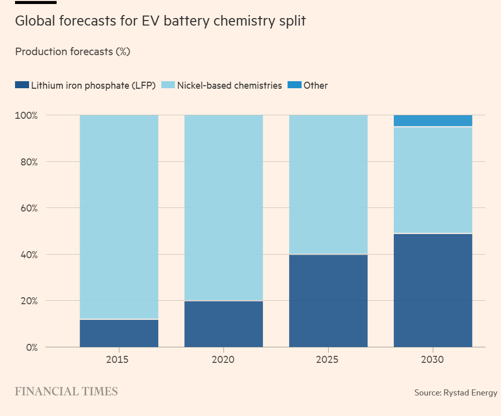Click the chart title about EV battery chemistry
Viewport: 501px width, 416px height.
[160, 22]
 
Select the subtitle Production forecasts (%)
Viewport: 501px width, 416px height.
[73, 52]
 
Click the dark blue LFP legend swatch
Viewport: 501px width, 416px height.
[22, 85]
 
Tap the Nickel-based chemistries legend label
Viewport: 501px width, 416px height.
[229, 85]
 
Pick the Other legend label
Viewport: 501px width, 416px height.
[315, 85]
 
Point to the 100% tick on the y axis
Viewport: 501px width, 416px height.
[27, 115]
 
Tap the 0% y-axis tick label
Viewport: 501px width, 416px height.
[31, 347]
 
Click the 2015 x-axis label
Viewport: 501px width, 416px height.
[119, 360]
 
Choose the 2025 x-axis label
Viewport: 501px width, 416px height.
[328, 360]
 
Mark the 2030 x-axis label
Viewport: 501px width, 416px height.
[433, 360]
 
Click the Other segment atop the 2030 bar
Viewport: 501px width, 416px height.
[433, 121]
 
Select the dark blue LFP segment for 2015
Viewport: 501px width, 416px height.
[119, 333]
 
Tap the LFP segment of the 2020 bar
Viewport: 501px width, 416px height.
[223, 324]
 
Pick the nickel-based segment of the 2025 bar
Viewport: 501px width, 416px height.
[328, 184]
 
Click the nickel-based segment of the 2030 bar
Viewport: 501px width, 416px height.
[433, 180]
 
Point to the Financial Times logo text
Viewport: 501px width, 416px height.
[66, 391]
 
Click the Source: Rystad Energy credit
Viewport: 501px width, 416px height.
[455, 392]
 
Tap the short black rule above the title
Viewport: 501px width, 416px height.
[36, 3]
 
